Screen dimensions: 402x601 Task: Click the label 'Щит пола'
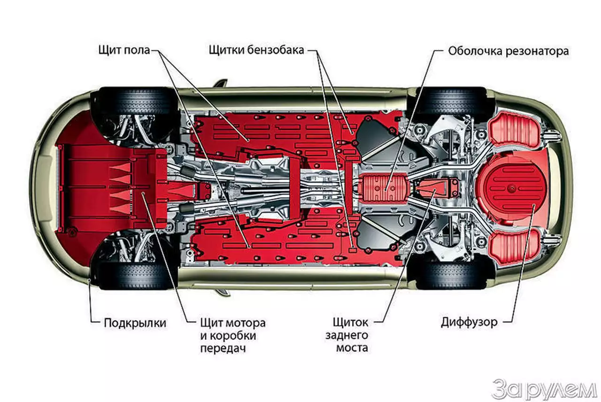124,50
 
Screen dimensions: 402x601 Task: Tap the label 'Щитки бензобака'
256,50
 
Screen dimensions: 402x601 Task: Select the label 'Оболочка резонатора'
508,51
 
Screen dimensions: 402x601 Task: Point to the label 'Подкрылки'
135,324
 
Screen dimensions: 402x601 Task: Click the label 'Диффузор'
469,323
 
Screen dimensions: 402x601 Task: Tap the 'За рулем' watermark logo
543,389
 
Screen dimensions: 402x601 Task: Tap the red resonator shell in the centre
383,187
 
